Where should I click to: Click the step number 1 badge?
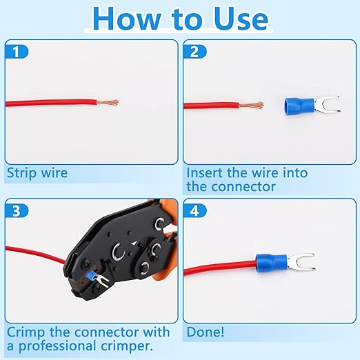(x=16, y=52)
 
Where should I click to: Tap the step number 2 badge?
(x=194, y=52)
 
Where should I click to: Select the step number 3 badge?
(x=16, y=210)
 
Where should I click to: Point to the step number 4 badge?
(x=194, y=210)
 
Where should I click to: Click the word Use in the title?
(x=241, y=19)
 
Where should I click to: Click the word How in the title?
(x=127, y=19)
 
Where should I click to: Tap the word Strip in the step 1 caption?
(x=21, y=173)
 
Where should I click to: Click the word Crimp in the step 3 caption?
(x=26, y=333)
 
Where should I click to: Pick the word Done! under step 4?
(x=206, y=332)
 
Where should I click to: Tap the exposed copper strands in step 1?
(x=108, y=102)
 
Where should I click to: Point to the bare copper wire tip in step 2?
(x=252, y=106)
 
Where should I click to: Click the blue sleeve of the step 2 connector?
(x=299, y=106)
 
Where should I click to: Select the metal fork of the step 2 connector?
(x=327, y=105)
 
